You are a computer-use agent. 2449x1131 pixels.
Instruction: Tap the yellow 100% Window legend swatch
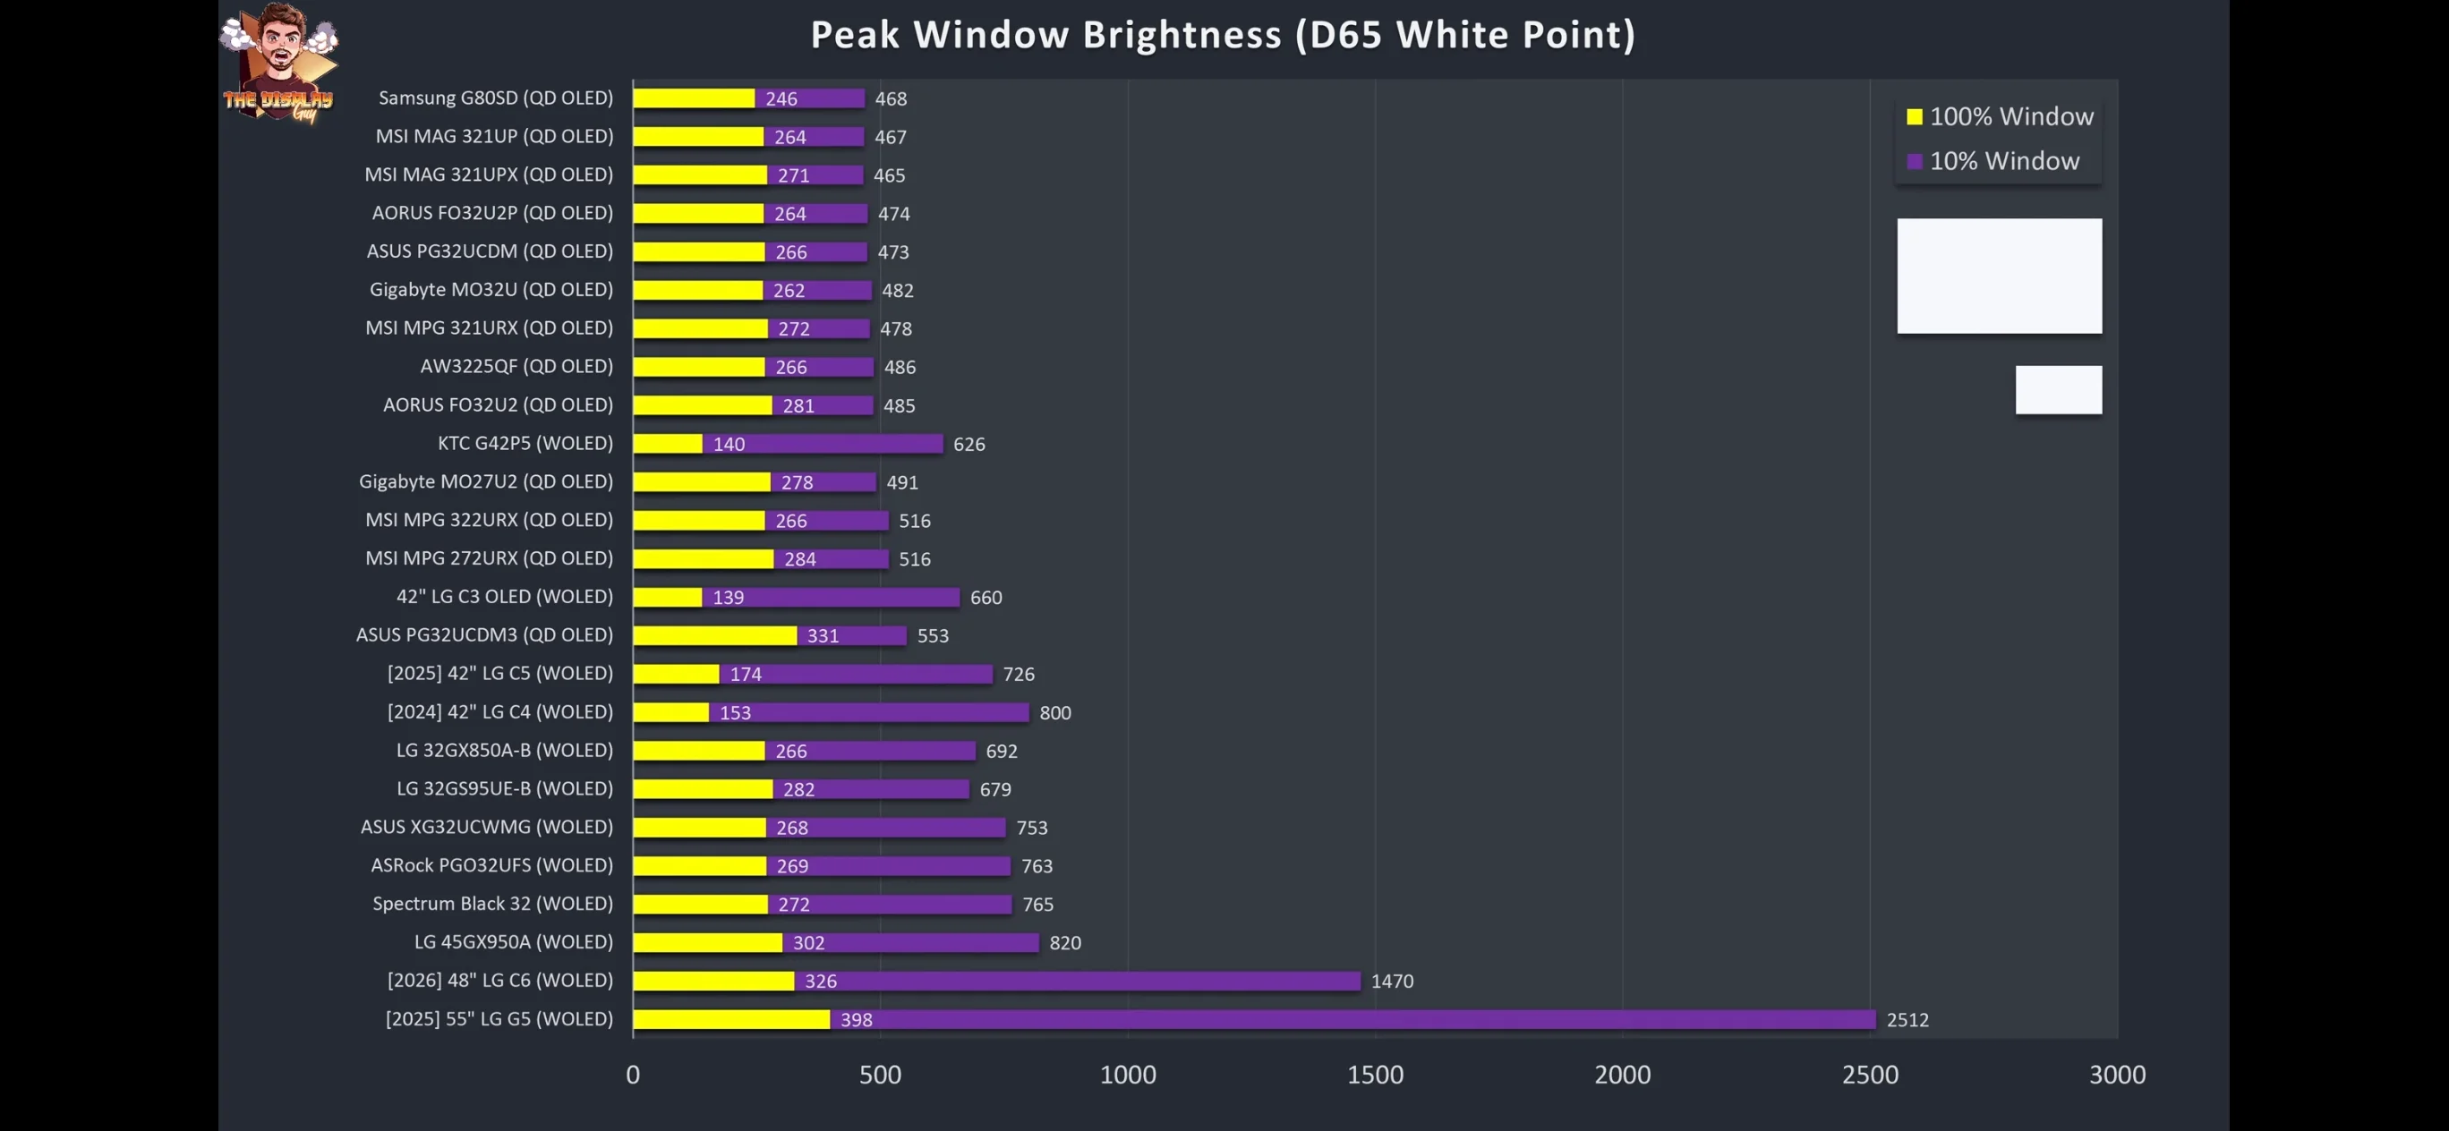pos(1914,117)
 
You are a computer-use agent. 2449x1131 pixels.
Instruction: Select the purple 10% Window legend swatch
pos(1914,162)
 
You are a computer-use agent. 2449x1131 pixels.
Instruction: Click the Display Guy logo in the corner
pos(278,64)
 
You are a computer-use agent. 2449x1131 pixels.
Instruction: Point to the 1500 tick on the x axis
pos(1375,1075)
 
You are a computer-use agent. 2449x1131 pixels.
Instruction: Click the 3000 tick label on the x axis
pos(2117,1075)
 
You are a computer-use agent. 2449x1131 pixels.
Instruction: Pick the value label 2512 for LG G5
pos(1907,1020)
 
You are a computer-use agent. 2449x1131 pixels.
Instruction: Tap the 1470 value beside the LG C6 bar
pos(1392,981)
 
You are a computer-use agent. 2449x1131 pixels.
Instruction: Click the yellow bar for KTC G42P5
pos(668,444)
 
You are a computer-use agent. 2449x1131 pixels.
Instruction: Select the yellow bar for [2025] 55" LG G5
pos(731,1020)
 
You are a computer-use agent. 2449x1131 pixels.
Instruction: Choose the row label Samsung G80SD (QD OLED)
pos(495,98)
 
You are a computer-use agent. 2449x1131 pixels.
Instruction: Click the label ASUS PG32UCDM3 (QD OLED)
pos(485,635)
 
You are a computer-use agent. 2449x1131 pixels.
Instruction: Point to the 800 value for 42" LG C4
pos(1055,713)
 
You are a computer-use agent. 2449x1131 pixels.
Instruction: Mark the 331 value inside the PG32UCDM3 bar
pos(823,636)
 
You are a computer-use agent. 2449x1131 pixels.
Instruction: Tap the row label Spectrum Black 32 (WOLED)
pos(492,904)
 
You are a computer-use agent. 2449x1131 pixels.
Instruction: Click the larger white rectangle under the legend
pos(2000,276)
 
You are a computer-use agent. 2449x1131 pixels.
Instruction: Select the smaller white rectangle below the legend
pos(2058,389)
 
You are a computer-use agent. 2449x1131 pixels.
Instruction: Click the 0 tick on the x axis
pos(633,1075)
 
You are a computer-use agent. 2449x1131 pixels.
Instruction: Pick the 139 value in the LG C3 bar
pos(729,598)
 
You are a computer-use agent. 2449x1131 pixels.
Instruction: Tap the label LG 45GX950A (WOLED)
pos(514,942)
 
